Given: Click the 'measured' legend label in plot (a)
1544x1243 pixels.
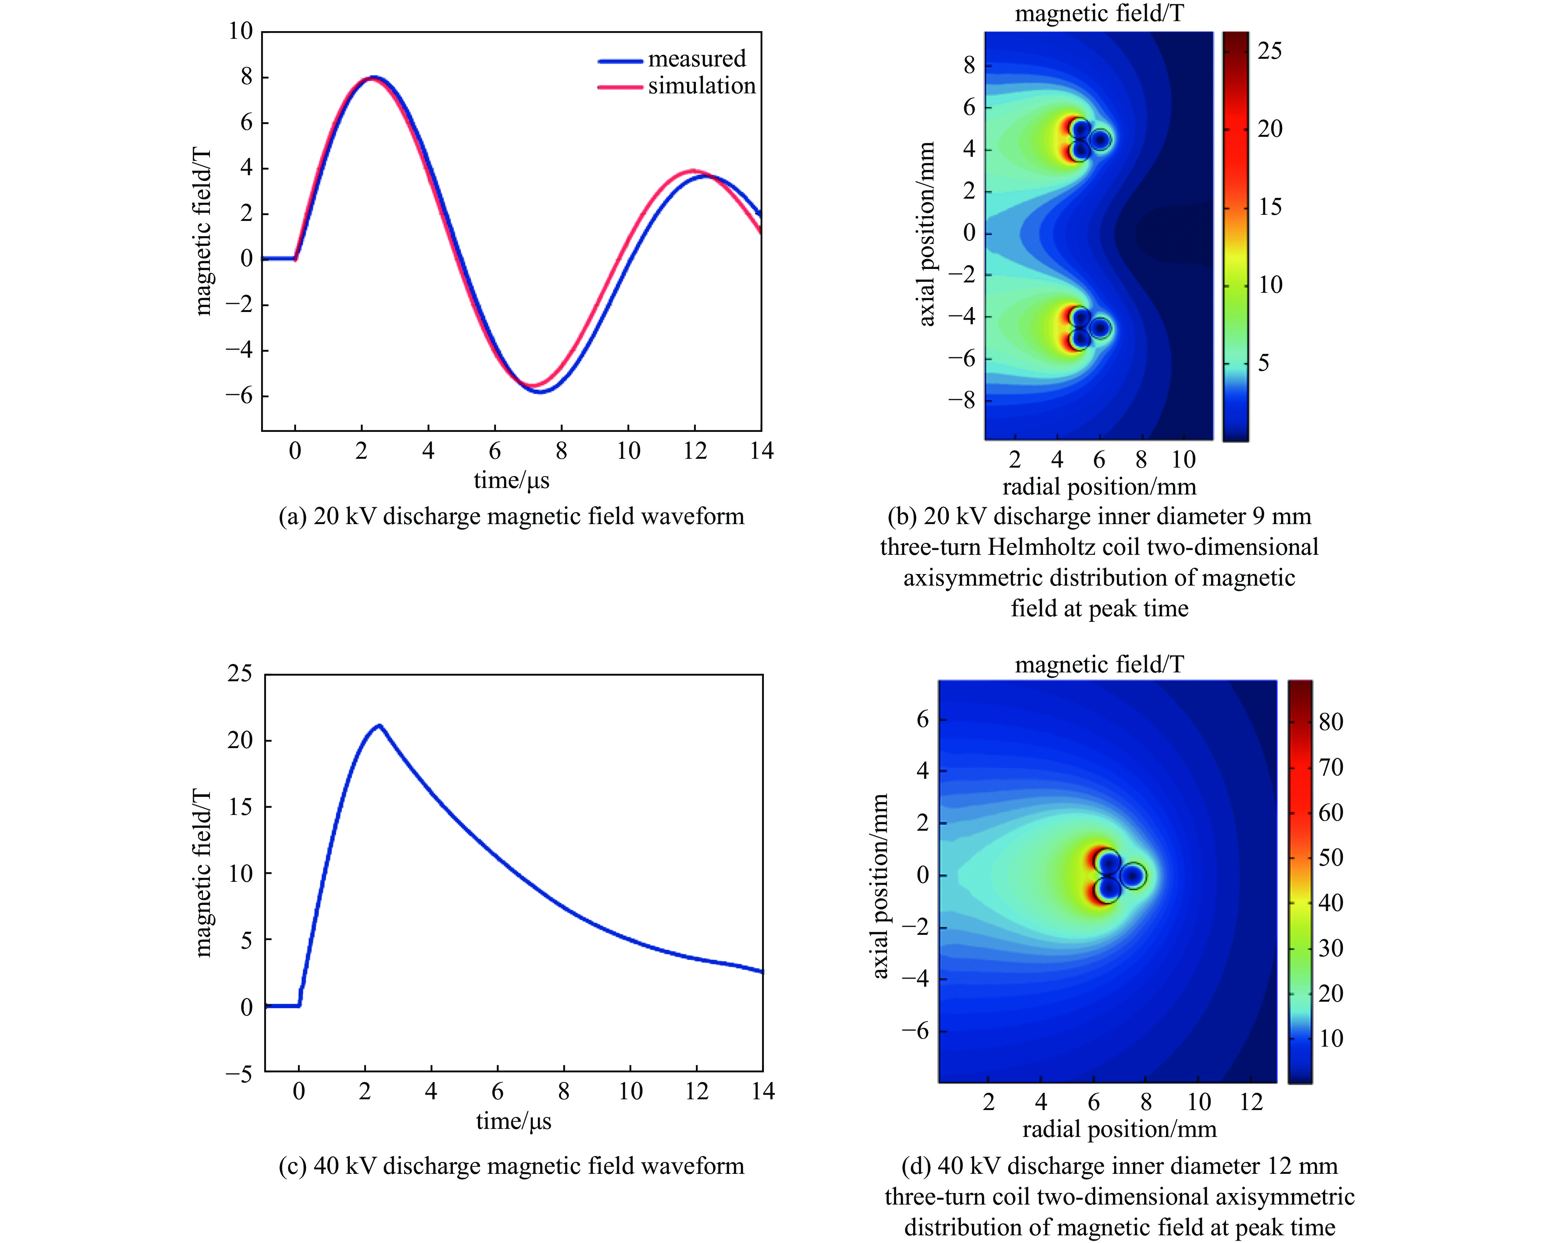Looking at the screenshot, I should click(696, 59).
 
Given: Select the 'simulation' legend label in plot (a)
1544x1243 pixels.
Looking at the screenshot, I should click(701, 86).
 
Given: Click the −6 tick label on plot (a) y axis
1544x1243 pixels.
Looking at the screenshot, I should click(239, 395).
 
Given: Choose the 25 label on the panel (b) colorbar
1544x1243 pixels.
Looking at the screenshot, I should click(1269, 51).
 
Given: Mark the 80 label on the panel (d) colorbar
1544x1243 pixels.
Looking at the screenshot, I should click(1331, 721).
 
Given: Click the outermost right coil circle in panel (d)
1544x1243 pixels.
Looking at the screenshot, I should click(1133, 875).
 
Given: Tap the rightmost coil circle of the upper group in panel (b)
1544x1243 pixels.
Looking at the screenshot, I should click(1100, 139).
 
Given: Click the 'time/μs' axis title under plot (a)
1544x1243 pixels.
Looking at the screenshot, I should click(512, 480).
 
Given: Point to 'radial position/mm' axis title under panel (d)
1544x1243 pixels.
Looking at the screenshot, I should click(1119, 1129).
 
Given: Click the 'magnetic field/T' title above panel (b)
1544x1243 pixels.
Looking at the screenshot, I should click(1099, 13).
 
